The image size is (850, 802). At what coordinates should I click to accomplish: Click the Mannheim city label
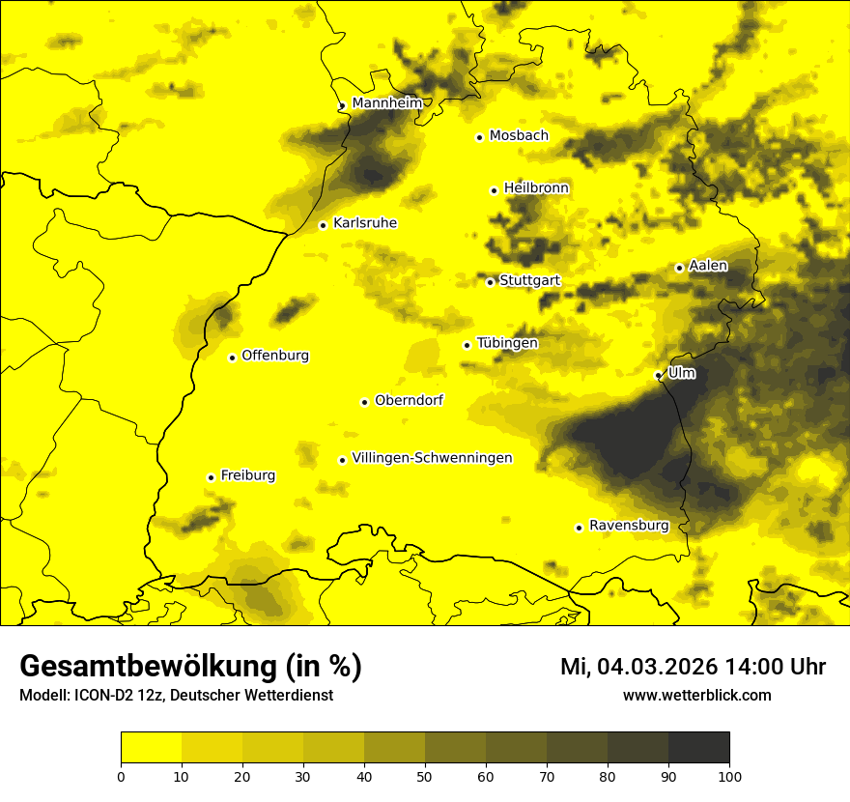tap(385, 103)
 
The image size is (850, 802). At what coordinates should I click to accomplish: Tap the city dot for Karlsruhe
tap(324, 225)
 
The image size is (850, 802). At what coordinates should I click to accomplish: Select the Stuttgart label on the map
tap(529, 281)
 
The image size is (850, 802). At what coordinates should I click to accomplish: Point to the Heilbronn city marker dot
tap(494, 190)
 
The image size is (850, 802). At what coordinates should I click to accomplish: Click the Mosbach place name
tap(519, 136)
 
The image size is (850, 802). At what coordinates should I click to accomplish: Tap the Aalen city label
tap(708, 266)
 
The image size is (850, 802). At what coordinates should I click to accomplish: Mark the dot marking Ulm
tap(659, 375)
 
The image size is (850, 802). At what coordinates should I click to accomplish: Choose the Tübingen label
tap(507, 343)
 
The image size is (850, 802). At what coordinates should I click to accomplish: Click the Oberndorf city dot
tap(364, 402)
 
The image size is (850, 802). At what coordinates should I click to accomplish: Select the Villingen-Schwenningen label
tap(432, 458)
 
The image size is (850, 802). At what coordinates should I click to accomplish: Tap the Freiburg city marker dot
tap(211, 477)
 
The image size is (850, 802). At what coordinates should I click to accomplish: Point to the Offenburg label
tap(275, 356)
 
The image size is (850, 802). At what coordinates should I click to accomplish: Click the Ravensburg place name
tap(629, 526)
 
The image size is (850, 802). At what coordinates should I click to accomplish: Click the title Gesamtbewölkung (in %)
tap(190, 667)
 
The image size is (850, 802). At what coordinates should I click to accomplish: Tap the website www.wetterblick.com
tap(696, 696)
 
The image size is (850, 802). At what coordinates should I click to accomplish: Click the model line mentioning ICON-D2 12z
tap(176, 696)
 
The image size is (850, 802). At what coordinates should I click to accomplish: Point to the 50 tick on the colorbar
tap(425, 776)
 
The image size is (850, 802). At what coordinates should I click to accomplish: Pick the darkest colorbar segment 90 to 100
tap(698, 748)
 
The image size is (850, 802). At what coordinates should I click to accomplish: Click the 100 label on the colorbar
tap(729, 776)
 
